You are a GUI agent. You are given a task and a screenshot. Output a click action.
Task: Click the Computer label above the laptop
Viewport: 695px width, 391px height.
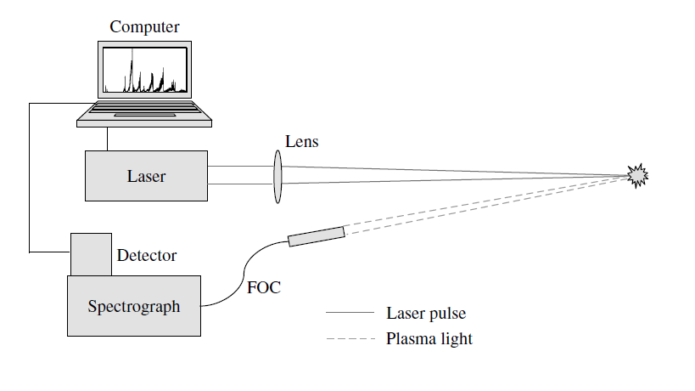click(x=145, y=28)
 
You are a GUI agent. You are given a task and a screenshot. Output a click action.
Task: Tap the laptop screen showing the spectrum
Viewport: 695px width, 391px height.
click(x=144, y=71)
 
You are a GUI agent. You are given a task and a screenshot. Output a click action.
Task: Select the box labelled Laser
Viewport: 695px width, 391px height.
click(x=146, y=176)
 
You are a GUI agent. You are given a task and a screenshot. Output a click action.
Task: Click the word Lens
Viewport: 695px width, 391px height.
click(x=302, y=142)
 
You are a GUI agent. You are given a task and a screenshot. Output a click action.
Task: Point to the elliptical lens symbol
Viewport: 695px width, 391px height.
click(x=277, y=177)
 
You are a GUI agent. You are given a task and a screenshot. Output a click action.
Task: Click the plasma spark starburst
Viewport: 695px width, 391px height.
click(x=637, y=174)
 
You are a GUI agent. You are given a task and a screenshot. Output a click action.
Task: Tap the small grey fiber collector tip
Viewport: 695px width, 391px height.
click(x=317, y=235)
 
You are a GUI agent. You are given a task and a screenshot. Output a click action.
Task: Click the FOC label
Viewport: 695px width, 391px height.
click(x=264, y=287)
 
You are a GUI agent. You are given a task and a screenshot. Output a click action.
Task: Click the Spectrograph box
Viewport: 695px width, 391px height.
click(x=134, y=306)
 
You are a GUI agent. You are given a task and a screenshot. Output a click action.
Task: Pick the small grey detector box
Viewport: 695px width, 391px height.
click(x=91, y=254)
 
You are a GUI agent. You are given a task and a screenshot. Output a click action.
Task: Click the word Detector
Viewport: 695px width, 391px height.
click(x=147, y=255)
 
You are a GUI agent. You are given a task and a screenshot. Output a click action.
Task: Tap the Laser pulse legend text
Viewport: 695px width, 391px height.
click(x=426, y=314)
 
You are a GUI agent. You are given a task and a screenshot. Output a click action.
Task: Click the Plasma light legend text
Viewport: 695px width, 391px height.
click(x=429, y=339)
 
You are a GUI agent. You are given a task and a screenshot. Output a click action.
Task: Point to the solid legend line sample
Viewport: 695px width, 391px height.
click(x=350, y=314)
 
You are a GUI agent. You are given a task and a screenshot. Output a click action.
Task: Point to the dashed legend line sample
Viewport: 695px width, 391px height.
click(x=350, y=339)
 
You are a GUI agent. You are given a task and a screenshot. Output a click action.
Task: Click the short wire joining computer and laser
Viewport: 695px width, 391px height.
click(x=108, y=139)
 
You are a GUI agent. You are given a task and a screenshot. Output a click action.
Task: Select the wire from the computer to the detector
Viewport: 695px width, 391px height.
click(x=30, y=178)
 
